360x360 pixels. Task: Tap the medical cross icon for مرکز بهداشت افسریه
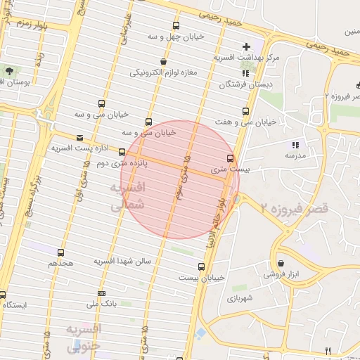pyautogui.click(x=245, y=46)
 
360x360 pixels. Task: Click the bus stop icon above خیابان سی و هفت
pyautogui.click(x=245, y=111)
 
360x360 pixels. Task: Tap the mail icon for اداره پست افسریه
pyautogui.click(x=79, y=138)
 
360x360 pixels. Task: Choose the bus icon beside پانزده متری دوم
pyautogui.click(x=122, y=152)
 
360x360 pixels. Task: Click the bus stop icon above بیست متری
pyautogui.click(x=231, y=158)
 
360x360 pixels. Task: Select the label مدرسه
pyautogui.click(x=292, y=155)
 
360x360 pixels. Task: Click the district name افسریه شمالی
pyautogui.click(x=127, y=196)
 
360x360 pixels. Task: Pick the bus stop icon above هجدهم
pyautogui.click(x=61, y=252)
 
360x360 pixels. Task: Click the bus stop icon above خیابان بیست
pyautogui.click(x=202, y=267)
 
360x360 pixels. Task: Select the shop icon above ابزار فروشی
pyautogui.click(x=281, y=263)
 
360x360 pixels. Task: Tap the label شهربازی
pyautogui.click(x=242, y=298)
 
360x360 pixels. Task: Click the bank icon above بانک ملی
pyautogui.click(x=102, y=293)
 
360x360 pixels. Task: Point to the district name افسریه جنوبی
pyautogui.click(x=84, y=337)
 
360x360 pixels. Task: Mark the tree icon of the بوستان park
pyautogui.click(x=8, y=71)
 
